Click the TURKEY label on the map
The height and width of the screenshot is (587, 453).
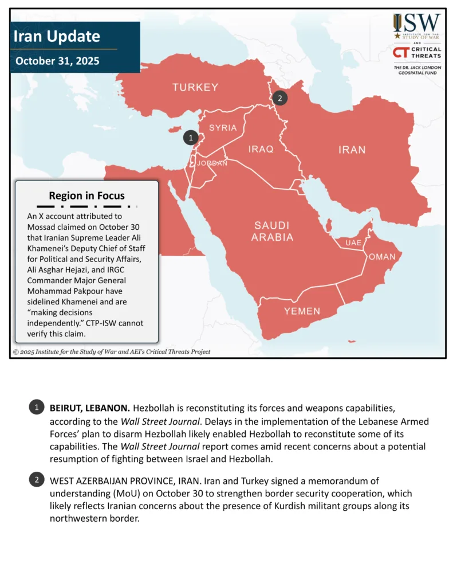pos(195,87)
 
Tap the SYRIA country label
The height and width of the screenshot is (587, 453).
pos(223,127)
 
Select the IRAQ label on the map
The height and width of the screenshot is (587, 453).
pos(261,149)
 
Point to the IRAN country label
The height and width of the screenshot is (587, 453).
pos(352,150)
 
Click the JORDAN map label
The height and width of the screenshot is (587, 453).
pos(212,163)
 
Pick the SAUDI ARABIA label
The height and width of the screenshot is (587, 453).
pos(272,231)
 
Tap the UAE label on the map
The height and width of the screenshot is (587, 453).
pos(353,242)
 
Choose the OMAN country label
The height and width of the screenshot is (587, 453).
pos(381,256)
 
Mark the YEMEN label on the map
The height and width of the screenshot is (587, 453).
pos(302,311)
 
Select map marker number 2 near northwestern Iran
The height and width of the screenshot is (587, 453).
pos(279,98)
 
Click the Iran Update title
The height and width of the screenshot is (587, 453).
pos(57,37)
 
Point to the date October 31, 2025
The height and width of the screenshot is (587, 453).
pos(57,61)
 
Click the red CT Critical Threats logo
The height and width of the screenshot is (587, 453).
pos(417,53)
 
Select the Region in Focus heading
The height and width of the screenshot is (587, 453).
pos(86,195)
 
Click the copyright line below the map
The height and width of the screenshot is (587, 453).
pos(112,351)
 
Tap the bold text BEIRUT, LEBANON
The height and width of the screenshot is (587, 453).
pos(89,408)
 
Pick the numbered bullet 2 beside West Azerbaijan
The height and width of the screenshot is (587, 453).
pos(36,480)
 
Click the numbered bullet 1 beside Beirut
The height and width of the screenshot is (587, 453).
pos(36,408)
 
